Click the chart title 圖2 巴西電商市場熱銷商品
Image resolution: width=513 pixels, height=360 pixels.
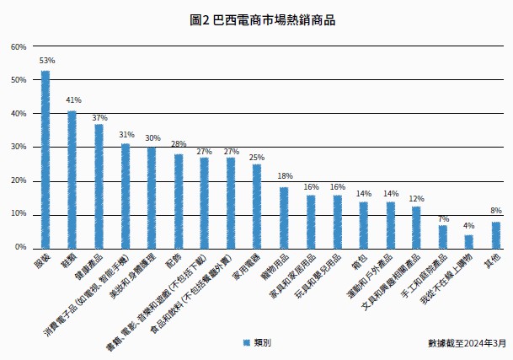click(x=256, y=19)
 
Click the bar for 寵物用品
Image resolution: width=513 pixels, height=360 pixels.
click(x=284, y=218)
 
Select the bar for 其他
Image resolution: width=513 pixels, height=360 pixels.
click(x=496, y=234)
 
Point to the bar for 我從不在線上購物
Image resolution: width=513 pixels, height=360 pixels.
click(x=469, y=241)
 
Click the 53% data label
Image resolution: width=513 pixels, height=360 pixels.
click(x=46, y=61)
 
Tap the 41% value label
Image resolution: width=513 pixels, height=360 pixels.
click(x=73, y=100)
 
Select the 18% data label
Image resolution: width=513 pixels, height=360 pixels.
click(x=285, y=176)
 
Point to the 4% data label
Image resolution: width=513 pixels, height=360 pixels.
click(x=469, y=226)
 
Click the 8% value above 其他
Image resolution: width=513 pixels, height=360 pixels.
click(x=496, y=211)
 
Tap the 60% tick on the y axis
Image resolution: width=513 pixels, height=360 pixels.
click(x=19, y=46)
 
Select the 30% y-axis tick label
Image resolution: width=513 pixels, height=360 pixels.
click(x=19, y=147)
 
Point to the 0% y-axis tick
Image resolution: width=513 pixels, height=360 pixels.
click(x=21, y=248)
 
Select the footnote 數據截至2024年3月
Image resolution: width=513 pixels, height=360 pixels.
click(x=467, y=343)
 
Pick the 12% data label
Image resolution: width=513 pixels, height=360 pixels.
click(x=416, y=199)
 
